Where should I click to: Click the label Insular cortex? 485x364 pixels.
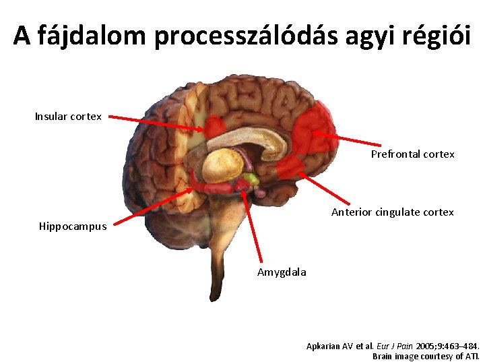(x=68, y=117)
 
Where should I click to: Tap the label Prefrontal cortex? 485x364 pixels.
(x=412, y=154)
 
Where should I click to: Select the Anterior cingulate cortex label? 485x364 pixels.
(x=392, y=212)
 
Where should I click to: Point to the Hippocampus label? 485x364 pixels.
(x=72, y=226)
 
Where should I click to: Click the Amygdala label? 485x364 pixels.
(x=281, y=272)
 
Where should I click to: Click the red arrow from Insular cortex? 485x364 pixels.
(x=155, y=123)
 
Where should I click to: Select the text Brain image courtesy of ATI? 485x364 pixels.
(x=426, y=356)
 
